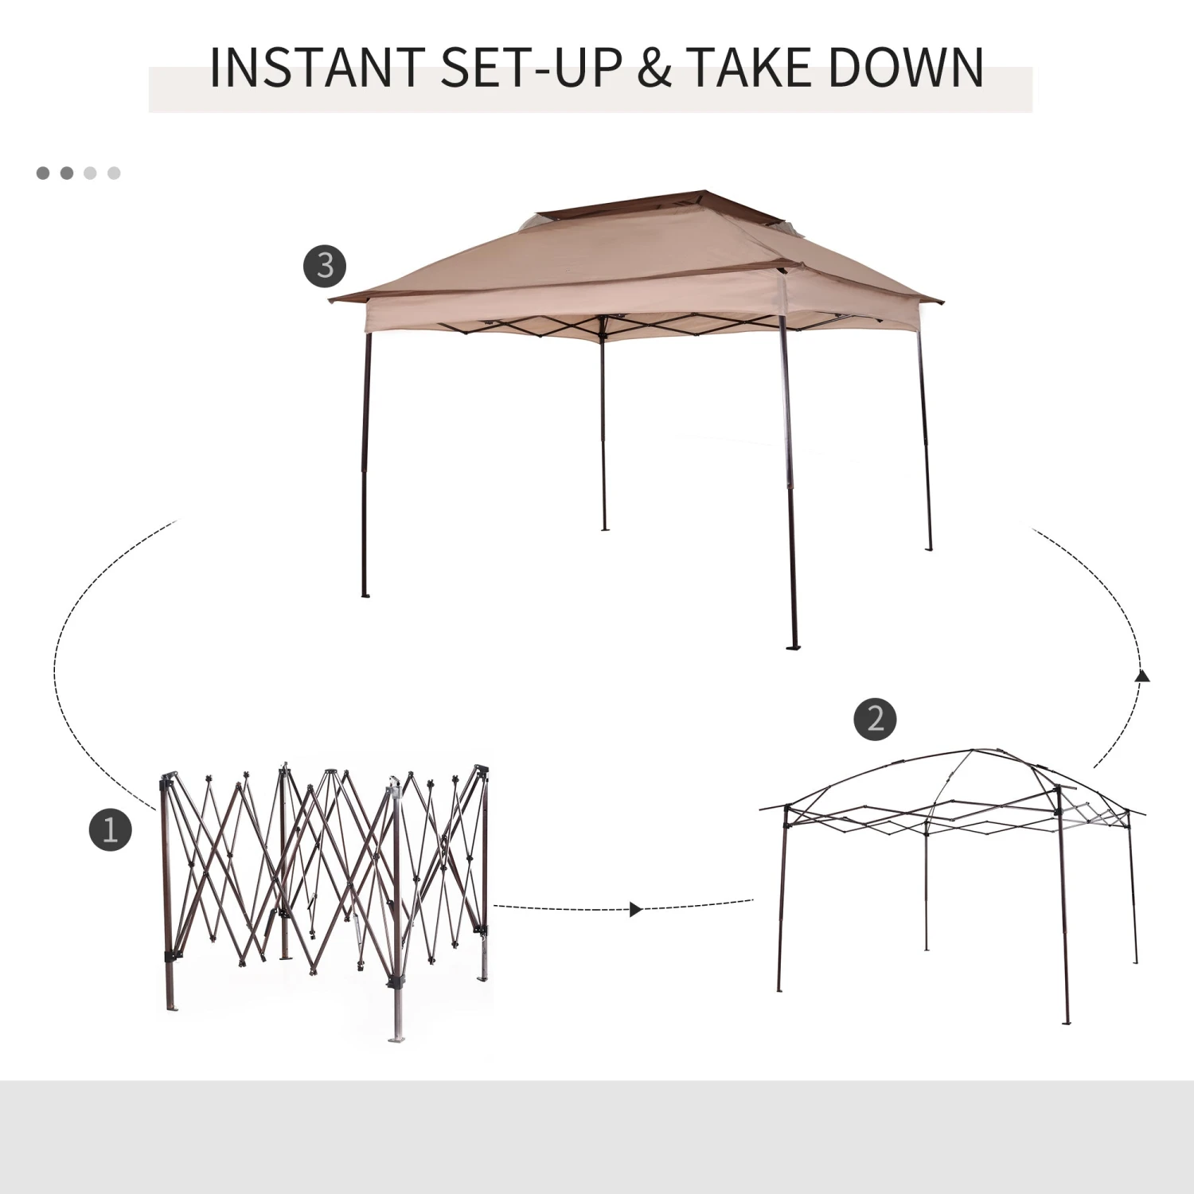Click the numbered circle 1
[x=110, y=829]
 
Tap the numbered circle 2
[x=875, y=719]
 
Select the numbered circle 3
[x=325, y=265]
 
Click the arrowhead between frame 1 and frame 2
[x=635, y=909]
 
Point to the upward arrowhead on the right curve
[x=1143, y=677]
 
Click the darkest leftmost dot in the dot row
[x=43, y=173]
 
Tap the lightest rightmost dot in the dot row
[x=114, y=173]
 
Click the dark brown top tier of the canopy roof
[x=629, y=207]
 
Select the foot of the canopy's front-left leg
[x=365, y=595]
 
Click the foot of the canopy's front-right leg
[x=793, y=647]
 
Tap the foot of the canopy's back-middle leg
[x=604, y=528]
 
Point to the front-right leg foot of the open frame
[x=1067, y=1021]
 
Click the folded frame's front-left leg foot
[x=170, y=1007]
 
